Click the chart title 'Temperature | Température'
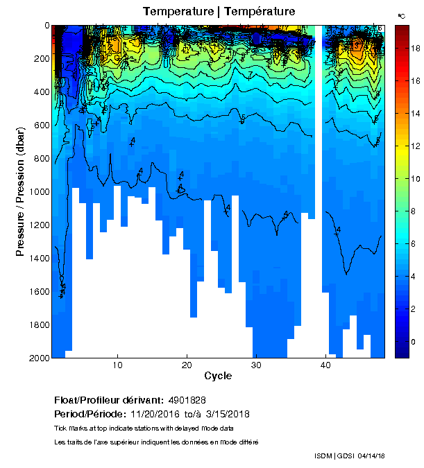pos(219,12)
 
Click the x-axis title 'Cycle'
pos(218,376)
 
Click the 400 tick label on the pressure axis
pos(38,92)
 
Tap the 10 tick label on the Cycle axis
pos(118,365)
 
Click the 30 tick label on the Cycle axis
pos(256,365)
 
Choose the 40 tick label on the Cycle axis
pos(325,365)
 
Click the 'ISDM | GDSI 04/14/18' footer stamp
pos(350,456)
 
